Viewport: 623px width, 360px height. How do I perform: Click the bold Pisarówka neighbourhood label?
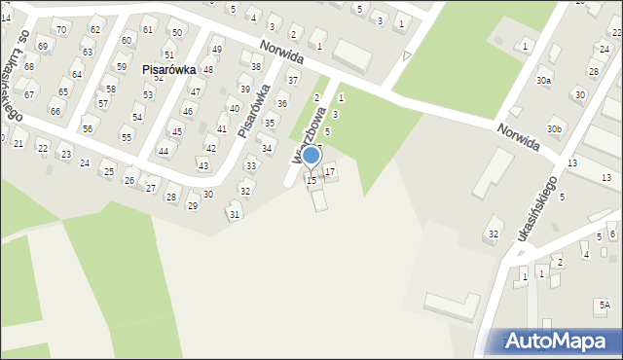point(169,70)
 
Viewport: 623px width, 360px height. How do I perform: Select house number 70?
point(61,30)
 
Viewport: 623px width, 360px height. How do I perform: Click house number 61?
point(147,30)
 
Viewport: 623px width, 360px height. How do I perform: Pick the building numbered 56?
point(87,128)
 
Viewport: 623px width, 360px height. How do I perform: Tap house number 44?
point(164,151)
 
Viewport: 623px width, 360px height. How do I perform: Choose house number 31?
point(234,214)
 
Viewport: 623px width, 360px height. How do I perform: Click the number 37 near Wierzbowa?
point(292,80)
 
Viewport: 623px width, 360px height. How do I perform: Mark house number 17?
point(330,172)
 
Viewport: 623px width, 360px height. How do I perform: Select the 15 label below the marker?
point(311,181)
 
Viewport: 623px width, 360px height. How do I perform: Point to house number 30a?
point(543,81)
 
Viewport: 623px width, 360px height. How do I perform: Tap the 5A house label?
point(605,305)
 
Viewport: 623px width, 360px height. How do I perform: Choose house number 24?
point(85,162)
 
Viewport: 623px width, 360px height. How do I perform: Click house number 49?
point(216,50)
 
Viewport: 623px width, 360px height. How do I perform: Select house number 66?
point(55,112)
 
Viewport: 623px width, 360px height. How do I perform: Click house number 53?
point(148,94)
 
